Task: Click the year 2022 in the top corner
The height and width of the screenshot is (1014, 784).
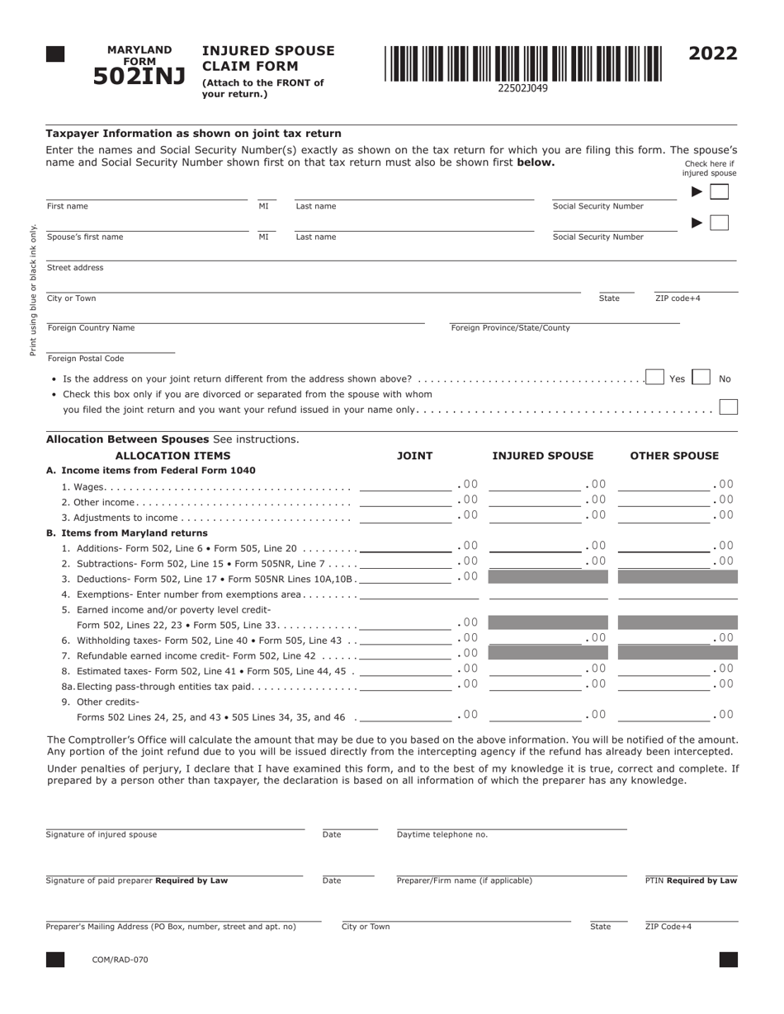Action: point(713,54)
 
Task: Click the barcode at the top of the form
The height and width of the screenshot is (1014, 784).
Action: point(522,63)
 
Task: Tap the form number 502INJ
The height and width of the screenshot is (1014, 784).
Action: point(139,76)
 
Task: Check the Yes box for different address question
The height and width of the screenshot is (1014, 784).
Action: point(655,378)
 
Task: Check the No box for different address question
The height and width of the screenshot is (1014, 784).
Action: point(701,378)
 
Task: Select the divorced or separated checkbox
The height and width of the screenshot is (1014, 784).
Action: point(728,407)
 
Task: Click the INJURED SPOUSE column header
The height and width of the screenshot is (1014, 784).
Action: point(542,456)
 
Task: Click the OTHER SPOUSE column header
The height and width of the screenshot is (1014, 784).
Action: point(674,456)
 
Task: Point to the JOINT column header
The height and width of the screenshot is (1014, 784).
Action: point(414,456)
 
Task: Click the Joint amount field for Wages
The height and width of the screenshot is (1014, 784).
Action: point(405,486)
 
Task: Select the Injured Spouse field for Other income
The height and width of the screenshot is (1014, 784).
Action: point(535,500)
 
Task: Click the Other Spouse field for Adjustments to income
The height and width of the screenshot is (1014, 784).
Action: point(664,516)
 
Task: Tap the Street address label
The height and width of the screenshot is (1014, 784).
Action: point(75,268)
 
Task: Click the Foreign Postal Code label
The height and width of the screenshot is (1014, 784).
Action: point(86,359)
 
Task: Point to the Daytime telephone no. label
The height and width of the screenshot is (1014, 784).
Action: point(442,834)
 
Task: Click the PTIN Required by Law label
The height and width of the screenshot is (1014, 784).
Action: point(691,880)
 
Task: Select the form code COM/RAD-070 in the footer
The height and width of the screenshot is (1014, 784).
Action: point(120,960)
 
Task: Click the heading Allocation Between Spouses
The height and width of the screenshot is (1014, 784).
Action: point(127,439)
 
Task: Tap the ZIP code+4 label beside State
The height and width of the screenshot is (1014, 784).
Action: point(678,298)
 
